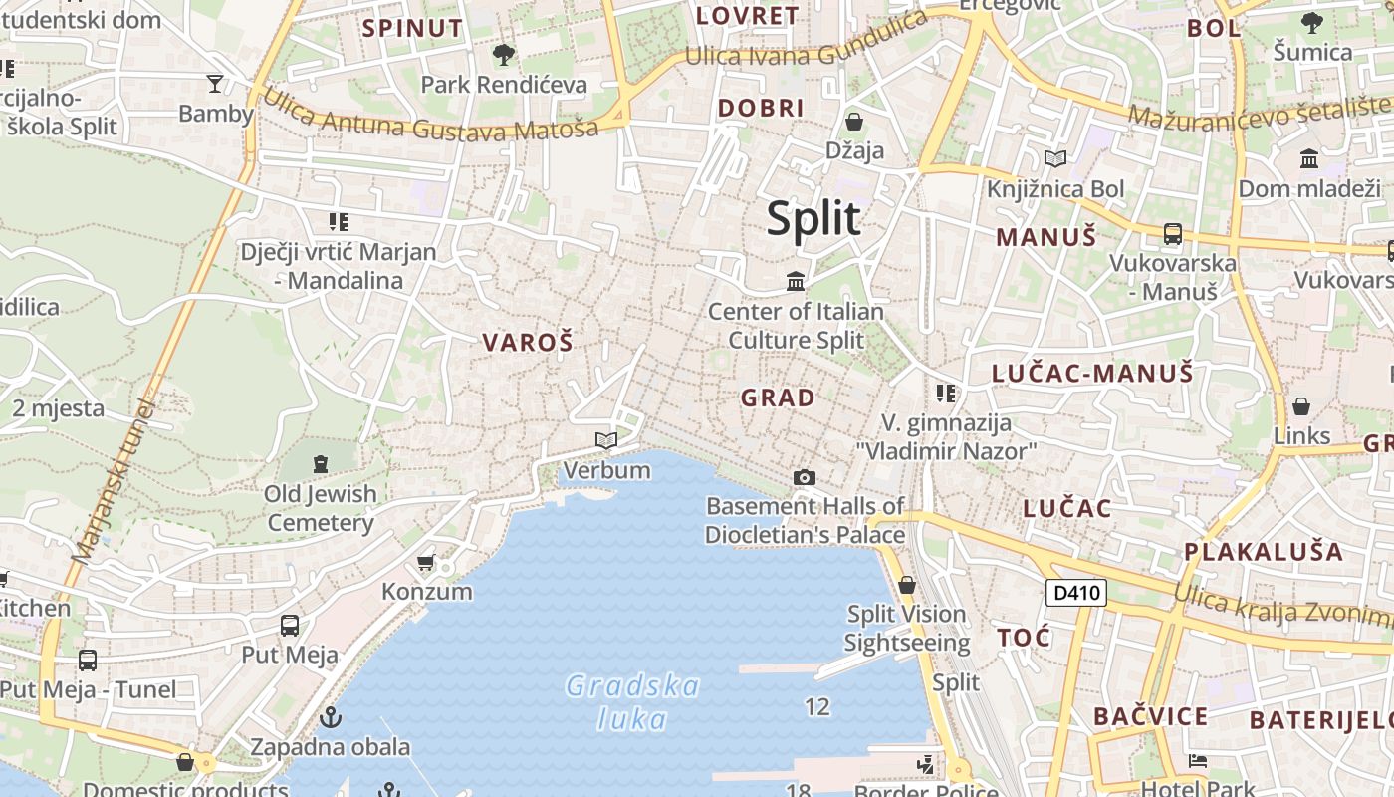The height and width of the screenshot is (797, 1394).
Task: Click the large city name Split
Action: [x=813, y=218]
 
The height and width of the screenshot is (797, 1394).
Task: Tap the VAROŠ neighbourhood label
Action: [x=528, y=343]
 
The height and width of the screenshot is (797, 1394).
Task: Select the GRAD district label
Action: [x=778, y=398]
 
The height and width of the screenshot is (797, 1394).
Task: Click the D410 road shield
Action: [x=1077, y=593]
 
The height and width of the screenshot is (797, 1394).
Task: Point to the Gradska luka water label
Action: [x=632, y=702]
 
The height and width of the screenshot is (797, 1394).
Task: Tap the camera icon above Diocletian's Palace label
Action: [x=805, y=478]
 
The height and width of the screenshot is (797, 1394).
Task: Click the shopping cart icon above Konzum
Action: [x=426, y=563]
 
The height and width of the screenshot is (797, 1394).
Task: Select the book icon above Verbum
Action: [x=605, y=440]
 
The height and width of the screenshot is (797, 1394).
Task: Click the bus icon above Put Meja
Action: [x=290, y=626]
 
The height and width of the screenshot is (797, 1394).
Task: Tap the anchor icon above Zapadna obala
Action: [x=330, y=717]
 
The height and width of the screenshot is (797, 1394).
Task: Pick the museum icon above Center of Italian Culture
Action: [x=796, y=282]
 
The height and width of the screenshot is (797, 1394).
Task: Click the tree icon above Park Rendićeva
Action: [x=504, y=54]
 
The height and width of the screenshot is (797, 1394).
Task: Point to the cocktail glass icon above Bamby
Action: [x=215, y=83]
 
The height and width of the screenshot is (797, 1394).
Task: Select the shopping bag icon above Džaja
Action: [x=854, y=123]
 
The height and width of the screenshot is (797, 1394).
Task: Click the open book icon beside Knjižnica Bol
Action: [x=1055, y=158]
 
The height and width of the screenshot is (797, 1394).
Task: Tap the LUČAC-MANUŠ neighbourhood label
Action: [x=1092, y=374]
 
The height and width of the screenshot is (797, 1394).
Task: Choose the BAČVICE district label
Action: [x=1150, y=716]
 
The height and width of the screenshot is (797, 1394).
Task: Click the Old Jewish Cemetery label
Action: [x=321, y=508]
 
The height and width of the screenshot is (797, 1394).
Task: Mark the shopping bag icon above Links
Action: [x=1301, y=406]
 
